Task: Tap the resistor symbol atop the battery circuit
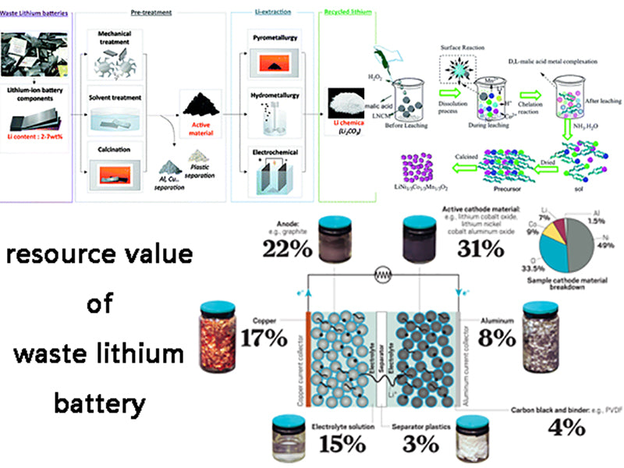tap(382, 275)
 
